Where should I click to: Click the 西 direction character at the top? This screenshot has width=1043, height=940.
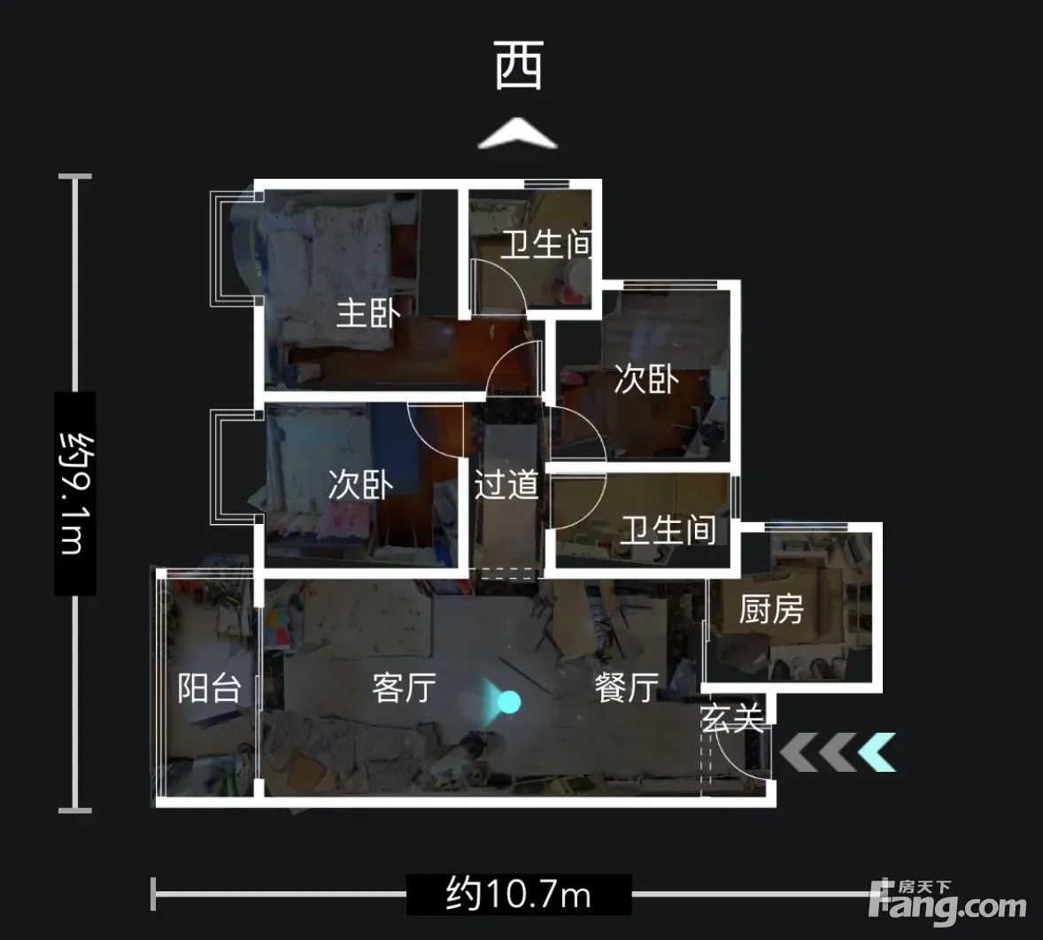pyautogui.click(x=519, y=65)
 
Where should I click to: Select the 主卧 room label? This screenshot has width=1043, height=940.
pyautogui.click(x=367, y=313)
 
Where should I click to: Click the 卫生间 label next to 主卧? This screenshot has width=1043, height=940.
pyautogui.click(x=546, y=244)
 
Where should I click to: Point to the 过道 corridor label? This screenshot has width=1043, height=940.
pyautogui.click(x=506, y=484)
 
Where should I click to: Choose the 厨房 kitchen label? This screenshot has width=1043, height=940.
pyautogui.click(x=771, y=609)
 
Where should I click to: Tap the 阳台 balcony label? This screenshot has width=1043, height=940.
pyautogui.click(x=209, y=688)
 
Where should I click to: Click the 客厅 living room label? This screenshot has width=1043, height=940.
pyautogui.click(x=405, y=688)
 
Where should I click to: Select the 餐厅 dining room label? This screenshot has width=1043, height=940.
pyautogui.click(x=627, y=688)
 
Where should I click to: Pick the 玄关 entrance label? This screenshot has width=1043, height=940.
pyautogui.click(x=731, y=718)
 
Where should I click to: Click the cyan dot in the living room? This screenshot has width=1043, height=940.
pyautogui.click(x=509, y=701)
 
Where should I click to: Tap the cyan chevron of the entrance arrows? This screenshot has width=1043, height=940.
pyautogui.click(x=877, y=751)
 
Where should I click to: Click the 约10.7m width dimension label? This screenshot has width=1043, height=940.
pyautogui.click(x=519, y=894)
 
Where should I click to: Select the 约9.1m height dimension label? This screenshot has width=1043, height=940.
pyautogui.click(x=75, y=494)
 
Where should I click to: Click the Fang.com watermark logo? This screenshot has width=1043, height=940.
pyautogui.click(x=947, y=901)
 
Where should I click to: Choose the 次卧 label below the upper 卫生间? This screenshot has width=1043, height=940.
pyautogui.click(x=645, y=379)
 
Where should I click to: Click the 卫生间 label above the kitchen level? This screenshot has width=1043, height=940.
pyautogui.click(x=668, y=530)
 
